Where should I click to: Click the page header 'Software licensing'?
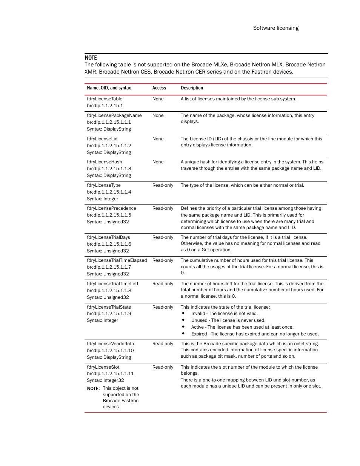tap(275, 28)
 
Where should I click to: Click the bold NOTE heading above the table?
tap(91, 58)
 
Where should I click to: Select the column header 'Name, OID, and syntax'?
tap(109, 88)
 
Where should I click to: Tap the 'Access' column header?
tap(159, 88)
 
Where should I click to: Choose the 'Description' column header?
tap(192, 88)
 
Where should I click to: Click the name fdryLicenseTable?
tap(105, 99)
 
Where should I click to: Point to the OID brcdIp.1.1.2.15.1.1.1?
tap(109, 122)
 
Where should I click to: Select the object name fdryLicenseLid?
tap(102, 139)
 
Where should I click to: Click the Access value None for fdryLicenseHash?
tap(158, 162)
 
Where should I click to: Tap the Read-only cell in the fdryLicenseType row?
tap(163, 185)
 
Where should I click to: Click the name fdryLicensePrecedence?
tap(111, 208)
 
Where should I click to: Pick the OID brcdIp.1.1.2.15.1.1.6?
tap(109, 244)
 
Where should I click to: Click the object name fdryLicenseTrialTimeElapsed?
tap(117, 260)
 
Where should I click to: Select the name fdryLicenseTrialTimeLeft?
tap(112, 284)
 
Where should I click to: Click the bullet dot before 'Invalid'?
tap(183, 313)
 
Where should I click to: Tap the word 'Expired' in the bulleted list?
tap(199, 334)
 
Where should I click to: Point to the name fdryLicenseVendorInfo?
tap(110, 344)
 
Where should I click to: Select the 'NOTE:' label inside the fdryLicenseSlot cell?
tap(93, 388)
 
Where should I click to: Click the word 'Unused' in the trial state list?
tap(199, 320)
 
